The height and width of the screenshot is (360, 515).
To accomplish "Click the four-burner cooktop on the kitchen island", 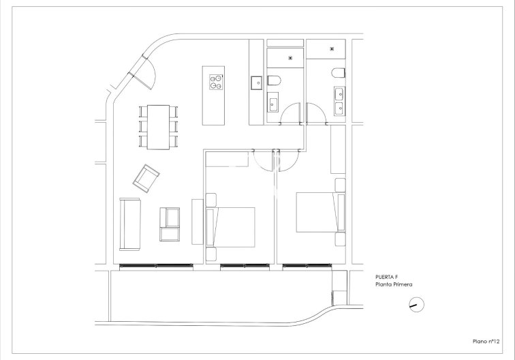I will pyautogui.click(x=216, y=82).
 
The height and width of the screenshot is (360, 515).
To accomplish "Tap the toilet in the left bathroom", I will pyautogui.click(x=274, y=82).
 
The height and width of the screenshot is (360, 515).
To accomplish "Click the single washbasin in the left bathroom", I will pyautogui.click(x=272, y=104).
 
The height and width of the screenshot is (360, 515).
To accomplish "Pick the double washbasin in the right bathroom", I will pyautogui.click(x=339, y=100).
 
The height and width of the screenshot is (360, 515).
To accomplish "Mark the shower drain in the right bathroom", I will pyautogui.click(x=331, y=48).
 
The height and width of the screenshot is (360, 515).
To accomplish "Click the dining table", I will pyautogui.click(x=159, y=127).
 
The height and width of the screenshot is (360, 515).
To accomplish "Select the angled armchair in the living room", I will pyautogui.click(x=146, y=178).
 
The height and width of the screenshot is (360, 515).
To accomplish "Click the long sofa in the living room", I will pyautogui.click(x=129, y=224).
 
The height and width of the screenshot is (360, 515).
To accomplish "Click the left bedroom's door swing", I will pyautogui.click(x=262, y=160).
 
